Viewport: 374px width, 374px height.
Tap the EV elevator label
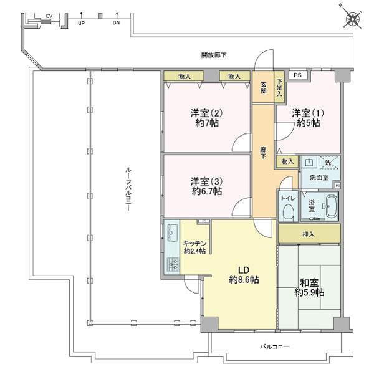(x=49, y=16)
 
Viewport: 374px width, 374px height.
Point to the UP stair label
(x=81, y=24)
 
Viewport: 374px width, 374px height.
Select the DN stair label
(x=116, y=23)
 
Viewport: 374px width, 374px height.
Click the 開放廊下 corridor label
(x=214, y=55)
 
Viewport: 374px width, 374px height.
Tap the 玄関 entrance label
(x=263, y=88)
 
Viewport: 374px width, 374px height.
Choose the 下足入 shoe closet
(x=279, y=87)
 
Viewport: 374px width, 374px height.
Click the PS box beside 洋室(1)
(x=298, y=75)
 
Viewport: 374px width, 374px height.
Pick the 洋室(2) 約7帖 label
(x=206, y=118)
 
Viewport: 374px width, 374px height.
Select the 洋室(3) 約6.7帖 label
(x=206, y=186)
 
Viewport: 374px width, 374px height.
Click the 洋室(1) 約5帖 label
(x=308, y=118)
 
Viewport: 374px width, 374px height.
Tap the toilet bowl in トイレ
(x=288, y=211)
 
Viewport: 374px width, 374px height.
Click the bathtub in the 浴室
(x=332, y=206)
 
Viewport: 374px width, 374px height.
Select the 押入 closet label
(x=309, y=234)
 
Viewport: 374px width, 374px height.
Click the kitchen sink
(x=172, y=233)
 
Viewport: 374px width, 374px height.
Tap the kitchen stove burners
(x=173, y=265)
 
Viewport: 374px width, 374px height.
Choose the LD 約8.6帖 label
(x=244, y=275)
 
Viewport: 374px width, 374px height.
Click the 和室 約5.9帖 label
(x=309, y=287)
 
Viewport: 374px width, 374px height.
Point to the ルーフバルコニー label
(x=128, y=189)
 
